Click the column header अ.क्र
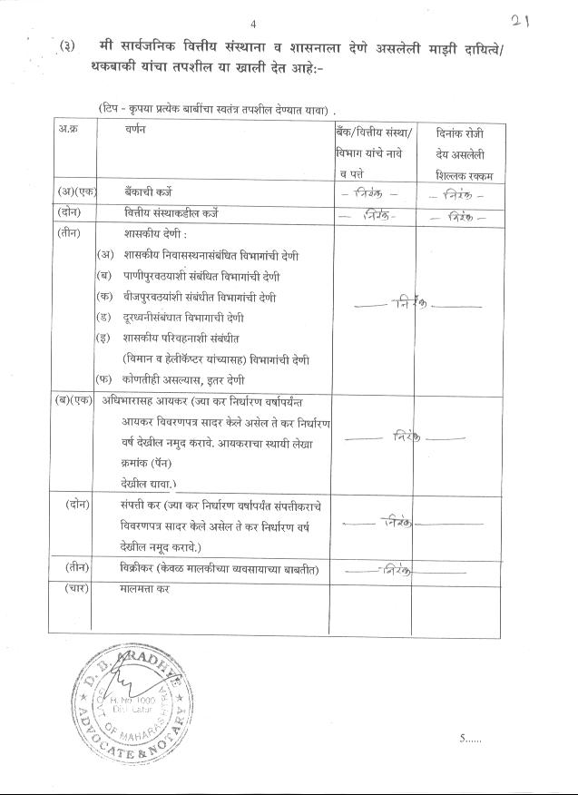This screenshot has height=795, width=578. (x=67, y=130)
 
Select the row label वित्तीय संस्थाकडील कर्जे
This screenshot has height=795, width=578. (x=171, y=214)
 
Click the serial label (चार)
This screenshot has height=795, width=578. (x=74, y=588)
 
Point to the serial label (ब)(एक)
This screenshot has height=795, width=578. (x=72, y=400)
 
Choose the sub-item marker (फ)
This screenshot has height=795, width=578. (x=105, y=379)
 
